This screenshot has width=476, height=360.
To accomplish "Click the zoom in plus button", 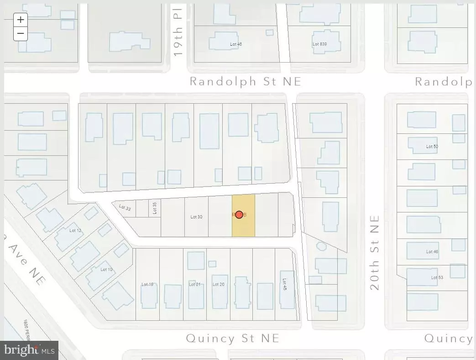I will click(x=21, y=20).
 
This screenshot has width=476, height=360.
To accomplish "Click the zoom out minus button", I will click(x=21, y=33).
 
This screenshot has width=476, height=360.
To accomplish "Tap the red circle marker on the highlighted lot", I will click(x=239, y=215).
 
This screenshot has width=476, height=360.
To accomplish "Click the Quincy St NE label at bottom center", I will click(x=232, y=339).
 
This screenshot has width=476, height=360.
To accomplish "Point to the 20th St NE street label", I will click(x=375, y=253).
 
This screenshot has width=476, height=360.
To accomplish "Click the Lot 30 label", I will click(x=196, y=217).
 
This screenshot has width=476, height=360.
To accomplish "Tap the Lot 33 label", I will click(x=125, y=208).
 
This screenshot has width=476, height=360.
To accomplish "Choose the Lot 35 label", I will click(x=155, y=208).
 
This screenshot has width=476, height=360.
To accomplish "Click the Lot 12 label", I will click(x=75, y=231).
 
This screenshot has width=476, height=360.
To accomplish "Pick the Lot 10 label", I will click(x=106, y=270).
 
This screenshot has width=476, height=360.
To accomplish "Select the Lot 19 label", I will click(x=147, y=285).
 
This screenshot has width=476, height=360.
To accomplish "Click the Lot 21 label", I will click(x=195, y=285).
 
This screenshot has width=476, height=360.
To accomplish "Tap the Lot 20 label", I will click(x=219, y=285).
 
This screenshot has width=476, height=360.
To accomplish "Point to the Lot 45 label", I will click(x=285, y=286).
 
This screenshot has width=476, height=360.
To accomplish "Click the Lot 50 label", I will click(x=432, y=147).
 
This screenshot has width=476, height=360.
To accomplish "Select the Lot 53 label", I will click(x=437, y=277).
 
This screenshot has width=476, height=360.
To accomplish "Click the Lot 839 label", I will click(x=319, y=44).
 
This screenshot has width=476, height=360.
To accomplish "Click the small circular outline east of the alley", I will click(x=321, y=246).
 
